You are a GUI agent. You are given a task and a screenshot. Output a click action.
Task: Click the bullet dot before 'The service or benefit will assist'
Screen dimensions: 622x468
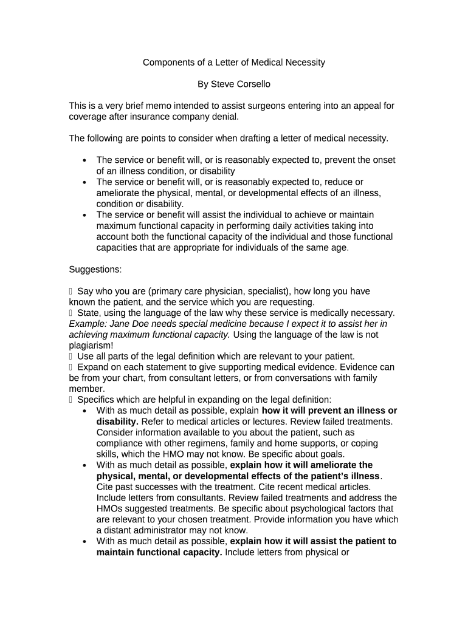pos(84,216)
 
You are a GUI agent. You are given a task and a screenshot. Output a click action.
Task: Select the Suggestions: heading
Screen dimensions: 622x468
pos(95,269)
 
